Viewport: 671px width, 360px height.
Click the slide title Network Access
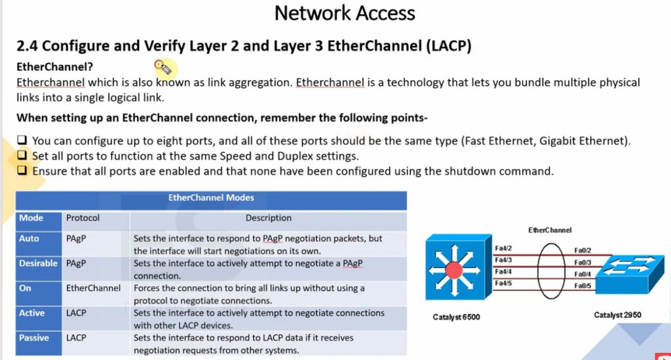(345, 12)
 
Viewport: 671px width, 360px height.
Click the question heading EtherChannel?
(55, 67)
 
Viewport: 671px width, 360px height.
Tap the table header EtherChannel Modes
(211, 197)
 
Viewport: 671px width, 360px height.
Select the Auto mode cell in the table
(29, 239)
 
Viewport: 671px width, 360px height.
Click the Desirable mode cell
(38, 263)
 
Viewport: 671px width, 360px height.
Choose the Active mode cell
(31, 313)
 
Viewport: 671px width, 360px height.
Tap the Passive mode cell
(34, 338)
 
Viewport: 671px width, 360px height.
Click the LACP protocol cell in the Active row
(76, 313)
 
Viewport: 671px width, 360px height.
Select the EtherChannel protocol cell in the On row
(93, 288)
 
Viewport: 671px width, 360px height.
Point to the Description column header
(269, 218)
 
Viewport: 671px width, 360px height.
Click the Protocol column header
(83, 218)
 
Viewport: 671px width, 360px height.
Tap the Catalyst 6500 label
(456, 317)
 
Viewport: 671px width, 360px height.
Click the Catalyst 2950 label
(617, 315)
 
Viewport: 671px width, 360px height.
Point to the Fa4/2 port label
(503, 249)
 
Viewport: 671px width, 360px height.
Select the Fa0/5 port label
(583, 286)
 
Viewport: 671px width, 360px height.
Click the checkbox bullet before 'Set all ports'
(22, 156)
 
